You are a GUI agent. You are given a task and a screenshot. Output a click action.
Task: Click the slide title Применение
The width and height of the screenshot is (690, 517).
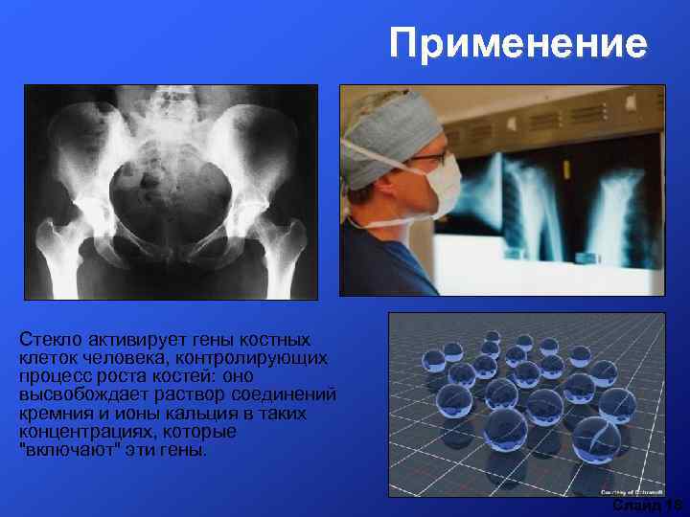(x=518, y=44)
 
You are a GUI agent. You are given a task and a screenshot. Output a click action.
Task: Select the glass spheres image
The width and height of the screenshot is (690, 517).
(x=526, y=403)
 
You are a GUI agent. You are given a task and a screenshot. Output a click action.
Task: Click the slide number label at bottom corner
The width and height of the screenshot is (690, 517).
(x=648, y=505)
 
